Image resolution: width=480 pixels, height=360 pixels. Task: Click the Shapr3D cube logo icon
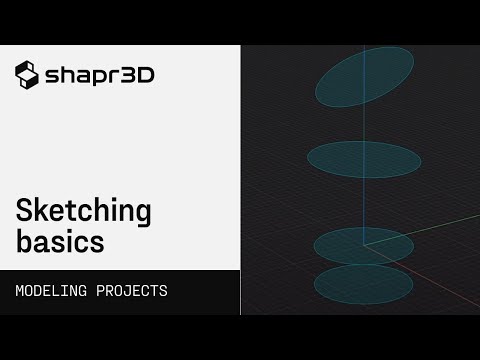click(x=27, y=74)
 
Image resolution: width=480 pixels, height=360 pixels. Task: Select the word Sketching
click(x=83, y=212)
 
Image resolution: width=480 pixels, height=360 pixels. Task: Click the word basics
click(x=59, y=241)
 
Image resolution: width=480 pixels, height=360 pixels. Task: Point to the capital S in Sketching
click(x=23, y=211)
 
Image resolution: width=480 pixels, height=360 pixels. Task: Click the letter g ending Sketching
click(x=142, y=215)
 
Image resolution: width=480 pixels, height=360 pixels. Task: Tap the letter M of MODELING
click(x=20, y=292)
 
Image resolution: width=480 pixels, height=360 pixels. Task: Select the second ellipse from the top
click(x=364, y=158)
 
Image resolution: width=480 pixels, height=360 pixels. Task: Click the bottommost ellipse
click(x=363, y=284)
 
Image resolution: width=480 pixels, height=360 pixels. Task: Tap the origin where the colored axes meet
click(x=365, y=244)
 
